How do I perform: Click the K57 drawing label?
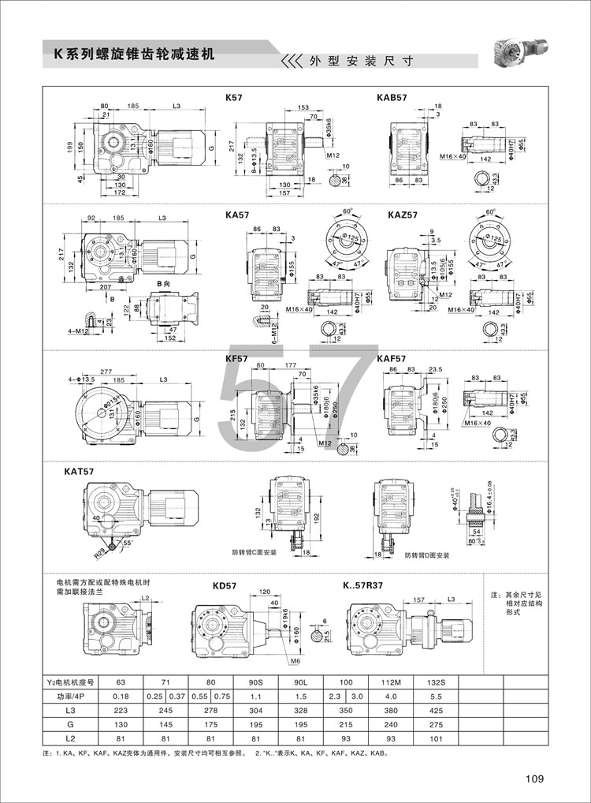233,97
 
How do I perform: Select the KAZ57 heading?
403,213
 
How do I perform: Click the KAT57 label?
79,472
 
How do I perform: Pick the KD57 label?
225,586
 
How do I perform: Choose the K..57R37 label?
362,586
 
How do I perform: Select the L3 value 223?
120,711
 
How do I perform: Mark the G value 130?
120,726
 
